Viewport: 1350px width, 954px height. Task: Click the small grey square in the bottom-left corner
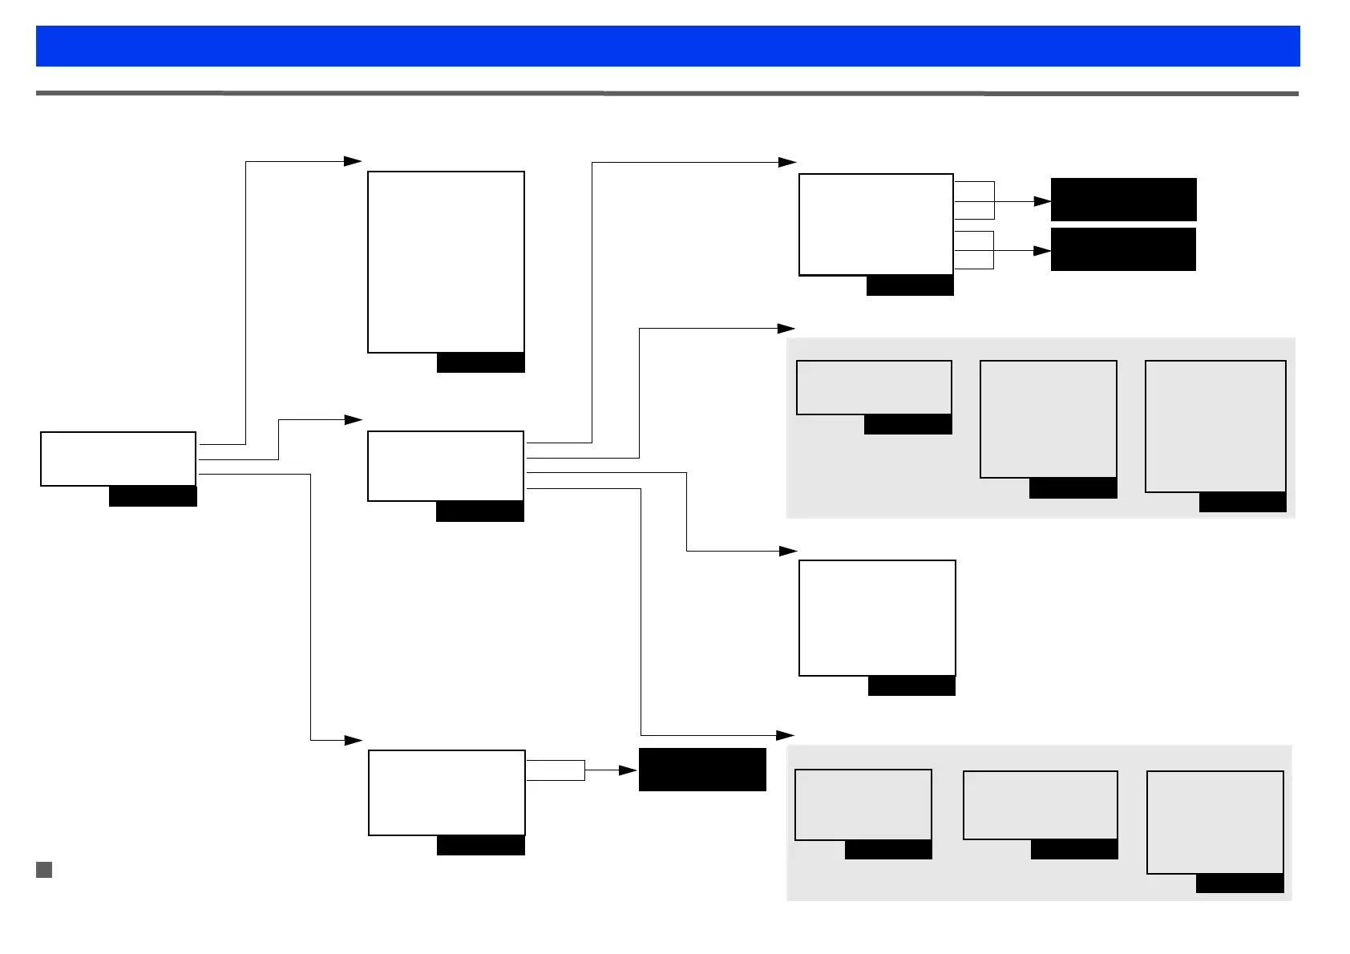point(44,870)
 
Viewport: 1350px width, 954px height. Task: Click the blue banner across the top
point(667,46)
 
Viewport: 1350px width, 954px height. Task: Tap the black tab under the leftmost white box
point(152,496)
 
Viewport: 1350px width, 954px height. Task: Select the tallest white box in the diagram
point(446,261)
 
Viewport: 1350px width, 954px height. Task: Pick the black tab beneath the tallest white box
point(480,362)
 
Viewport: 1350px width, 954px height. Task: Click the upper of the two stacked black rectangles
point(1123,200)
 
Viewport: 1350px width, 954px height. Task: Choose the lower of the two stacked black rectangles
point(1122,249)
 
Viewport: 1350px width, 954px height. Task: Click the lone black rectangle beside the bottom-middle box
point(702,770)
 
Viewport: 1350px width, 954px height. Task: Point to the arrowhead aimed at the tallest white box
point(353,161)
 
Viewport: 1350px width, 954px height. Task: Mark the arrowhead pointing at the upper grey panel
point(786,328)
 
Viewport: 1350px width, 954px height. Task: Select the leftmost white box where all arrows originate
point(118,459)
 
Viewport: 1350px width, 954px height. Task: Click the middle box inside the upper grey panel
point(1048,418)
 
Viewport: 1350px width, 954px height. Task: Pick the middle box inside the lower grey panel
point(1040,805)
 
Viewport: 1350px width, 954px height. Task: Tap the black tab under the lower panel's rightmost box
point(1239,883)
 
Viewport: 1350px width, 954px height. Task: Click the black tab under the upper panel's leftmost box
point(907,424)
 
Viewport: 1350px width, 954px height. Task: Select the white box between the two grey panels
point(877,617)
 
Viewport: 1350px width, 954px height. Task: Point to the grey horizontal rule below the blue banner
point(667,94)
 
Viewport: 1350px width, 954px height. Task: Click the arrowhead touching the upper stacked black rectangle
point(1042,201)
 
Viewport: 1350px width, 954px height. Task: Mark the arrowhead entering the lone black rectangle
point(629,770)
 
